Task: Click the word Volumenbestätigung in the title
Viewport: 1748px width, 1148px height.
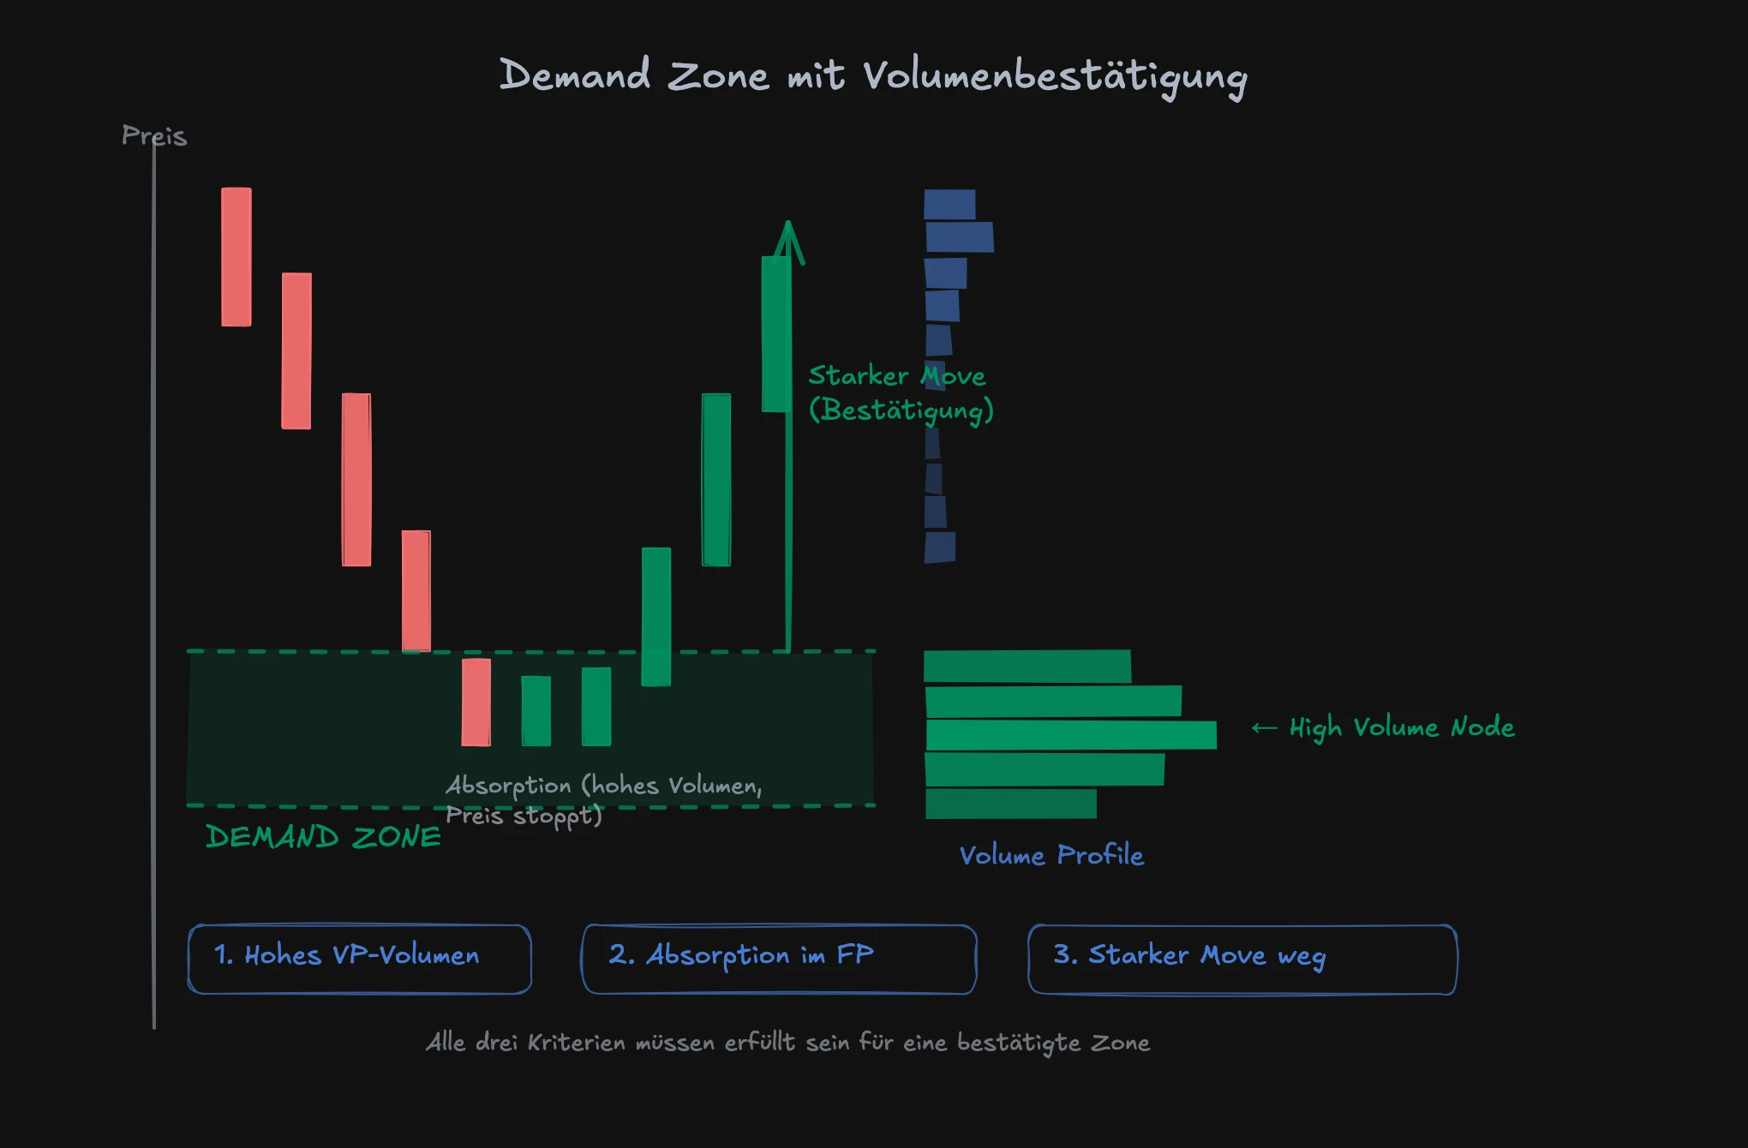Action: coord(1054,77)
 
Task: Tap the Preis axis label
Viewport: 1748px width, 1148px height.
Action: coord(154,135)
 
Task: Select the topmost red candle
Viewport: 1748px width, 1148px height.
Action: coord(236,257)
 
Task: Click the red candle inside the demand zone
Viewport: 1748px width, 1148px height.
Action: coord(476,703)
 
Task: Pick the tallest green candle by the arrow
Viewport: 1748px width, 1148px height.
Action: coord(775,334)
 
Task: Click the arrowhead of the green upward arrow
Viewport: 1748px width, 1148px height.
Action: coord(788,240)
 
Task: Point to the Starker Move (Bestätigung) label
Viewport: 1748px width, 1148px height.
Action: coord(900,393)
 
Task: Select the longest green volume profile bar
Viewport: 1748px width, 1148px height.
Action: coord(1071,735)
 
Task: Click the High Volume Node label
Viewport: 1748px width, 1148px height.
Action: coord(1402,727)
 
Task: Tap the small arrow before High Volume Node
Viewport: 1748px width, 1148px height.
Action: coord(1264,728)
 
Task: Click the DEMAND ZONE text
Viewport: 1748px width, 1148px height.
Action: coord(323,837)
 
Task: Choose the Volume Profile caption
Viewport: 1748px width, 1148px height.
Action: coord(1051,855)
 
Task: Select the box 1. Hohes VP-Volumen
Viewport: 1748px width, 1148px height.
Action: coord(360,959)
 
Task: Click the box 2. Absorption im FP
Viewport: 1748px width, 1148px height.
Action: coord(779,959)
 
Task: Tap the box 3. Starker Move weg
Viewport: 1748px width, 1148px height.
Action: coord(1242,959)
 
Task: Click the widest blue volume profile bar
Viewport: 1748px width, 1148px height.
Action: coord(960,237)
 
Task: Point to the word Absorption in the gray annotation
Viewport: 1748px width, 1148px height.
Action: coord(508,786)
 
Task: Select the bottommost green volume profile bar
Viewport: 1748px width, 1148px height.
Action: coord(1011,804)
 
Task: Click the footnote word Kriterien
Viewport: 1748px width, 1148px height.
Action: coord(577,1043)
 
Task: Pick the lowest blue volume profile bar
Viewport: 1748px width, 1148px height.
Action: coord(940,547)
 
